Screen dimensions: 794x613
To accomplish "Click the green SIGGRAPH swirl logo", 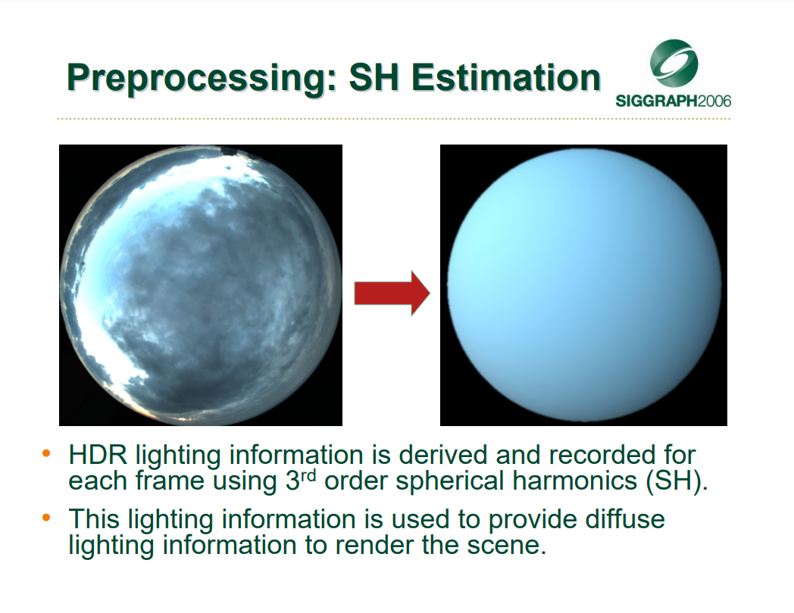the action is tap(674, 64).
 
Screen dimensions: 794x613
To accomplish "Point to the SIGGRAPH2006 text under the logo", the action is tap(674, 101).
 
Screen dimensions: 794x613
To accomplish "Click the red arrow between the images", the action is tap(392, 294).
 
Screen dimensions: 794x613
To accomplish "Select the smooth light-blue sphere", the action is tap(584, 285).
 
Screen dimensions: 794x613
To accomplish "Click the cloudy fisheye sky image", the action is tap(201, 285).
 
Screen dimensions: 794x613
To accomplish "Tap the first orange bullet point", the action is tap(46, 453).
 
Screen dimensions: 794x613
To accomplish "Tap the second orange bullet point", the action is tap(46, 518).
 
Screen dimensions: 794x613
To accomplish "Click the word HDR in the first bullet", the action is tap(98, 455).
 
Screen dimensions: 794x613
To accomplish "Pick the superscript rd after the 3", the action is tap(308, 476).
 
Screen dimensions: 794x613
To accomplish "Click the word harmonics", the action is tap(575, 480).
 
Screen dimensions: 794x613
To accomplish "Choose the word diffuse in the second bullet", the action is tap(624, 519).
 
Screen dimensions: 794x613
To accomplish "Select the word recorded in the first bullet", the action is tap(597, 455).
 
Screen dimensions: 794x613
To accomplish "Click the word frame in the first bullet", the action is tap(169, 481).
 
